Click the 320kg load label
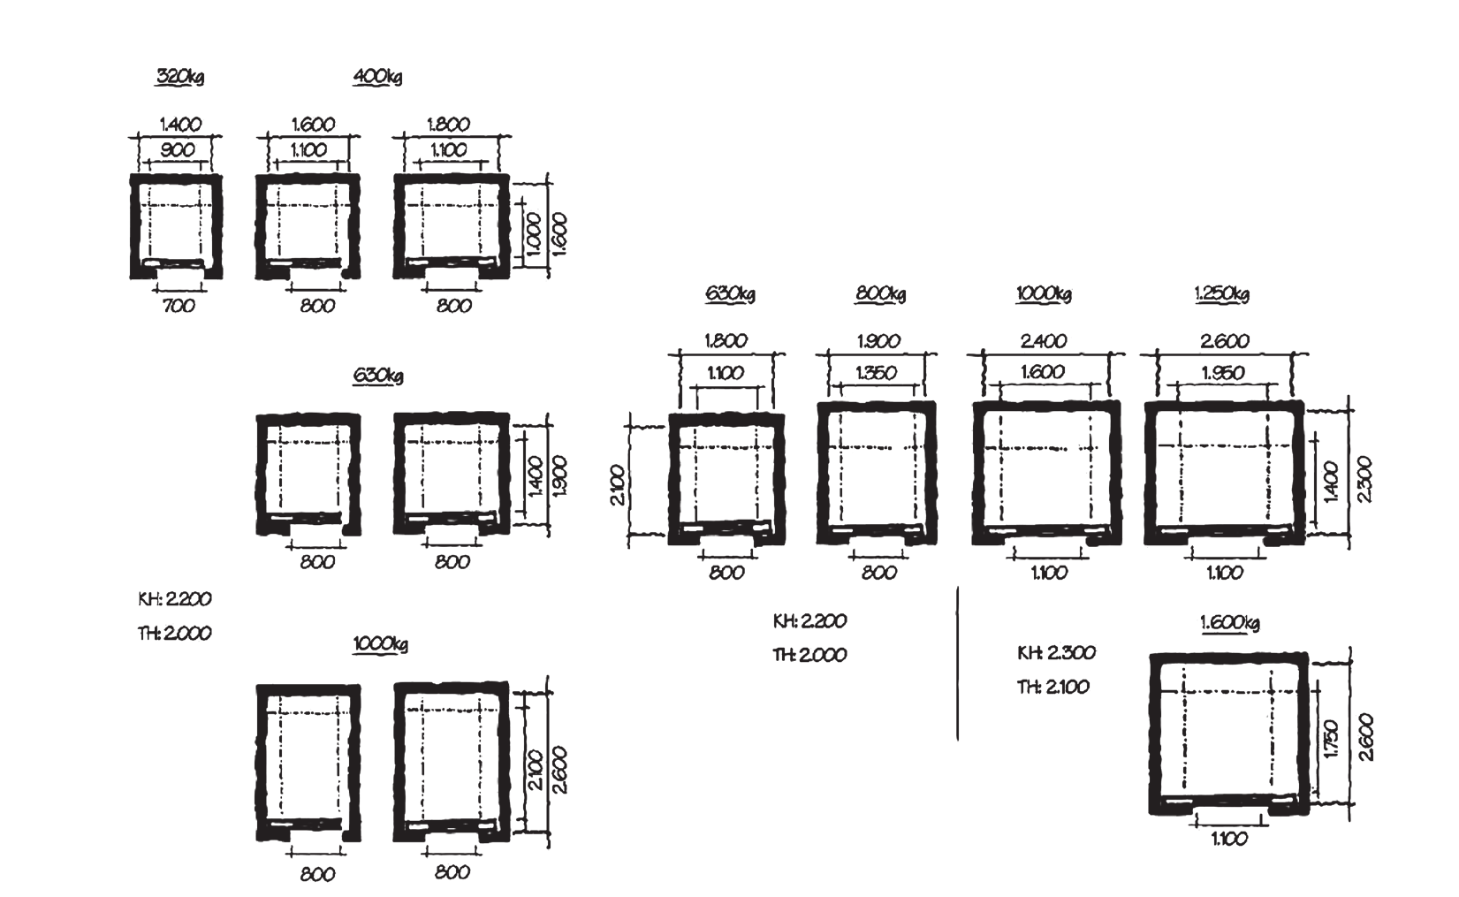coord(179,77)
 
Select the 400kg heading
coord(377,77)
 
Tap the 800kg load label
coord(880,293)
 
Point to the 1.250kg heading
coord(1222,293)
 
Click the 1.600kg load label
coord(1230,623)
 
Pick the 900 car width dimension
coord(177,150)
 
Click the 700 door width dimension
coord(179,305)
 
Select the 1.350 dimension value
coord(876,373)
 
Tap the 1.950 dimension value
coord(1223,373)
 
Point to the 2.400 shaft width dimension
coord(1044,341)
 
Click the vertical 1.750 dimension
coord(1332,739)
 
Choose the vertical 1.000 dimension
coord(533,233)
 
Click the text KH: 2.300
coord(1057,652)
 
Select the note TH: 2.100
coord(1053,687)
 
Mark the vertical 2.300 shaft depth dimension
coord(1365,480)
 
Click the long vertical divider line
coord(957,664)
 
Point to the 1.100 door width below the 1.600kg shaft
coord(1230,839)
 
